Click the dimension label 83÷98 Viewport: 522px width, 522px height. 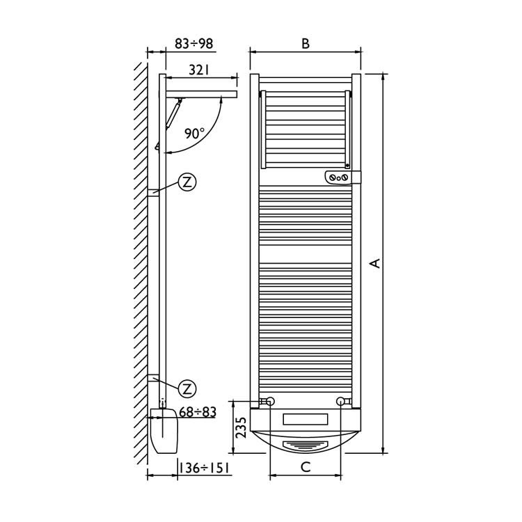pyautogui.click(x=193, y=44)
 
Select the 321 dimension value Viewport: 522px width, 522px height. pyautogui.click(x=199, y=70)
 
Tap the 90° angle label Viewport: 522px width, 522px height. pyautogui.click(x=195, y=133)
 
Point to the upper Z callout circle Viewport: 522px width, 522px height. pyautogui.click(x=187, y=182)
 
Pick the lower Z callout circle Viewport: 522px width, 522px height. pyautogui.click(x=187, y=388)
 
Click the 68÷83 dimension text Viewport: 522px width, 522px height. pyautogui.click(x=198, y=413)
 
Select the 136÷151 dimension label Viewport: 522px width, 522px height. pyautogui.click(x=205, y=468)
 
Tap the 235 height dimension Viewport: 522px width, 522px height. pyautogui.click(x=239, y=426)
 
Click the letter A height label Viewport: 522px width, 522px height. pyautogui.click(x=375, y=263)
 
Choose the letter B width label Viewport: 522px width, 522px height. pyautogui.click(x=305, y=43)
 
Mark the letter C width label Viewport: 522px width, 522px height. pyautogui.click(x=305, y=468)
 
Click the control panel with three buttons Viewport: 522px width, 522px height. pyautogui.click(x=340, y=177)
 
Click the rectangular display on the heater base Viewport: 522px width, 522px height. pyautogui.click(x=305, y=420)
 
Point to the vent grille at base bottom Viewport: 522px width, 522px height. pyautogui.click(x=305, y=443)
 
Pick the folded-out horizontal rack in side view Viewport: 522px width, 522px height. pyautogui.click(x=202, y=94)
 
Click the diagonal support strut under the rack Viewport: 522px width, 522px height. pyautogui.click(x=175, y=113)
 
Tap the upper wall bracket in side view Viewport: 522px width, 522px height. pyautogui.click(x=154, y=193)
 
